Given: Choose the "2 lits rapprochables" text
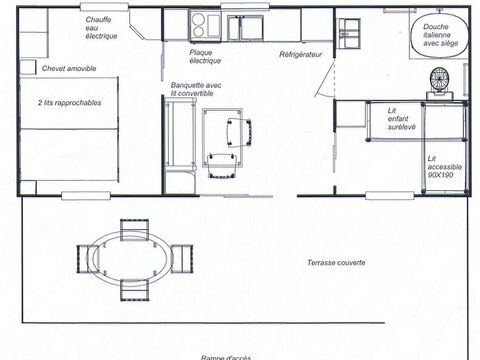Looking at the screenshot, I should pos(69,103).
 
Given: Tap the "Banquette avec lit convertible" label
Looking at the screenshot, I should pos(195,89).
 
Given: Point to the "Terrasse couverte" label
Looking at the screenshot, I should pos(336,263).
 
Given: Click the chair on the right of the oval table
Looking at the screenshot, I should pos(182,258).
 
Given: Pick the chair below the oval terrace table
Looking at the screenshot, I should pos(133,290).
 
